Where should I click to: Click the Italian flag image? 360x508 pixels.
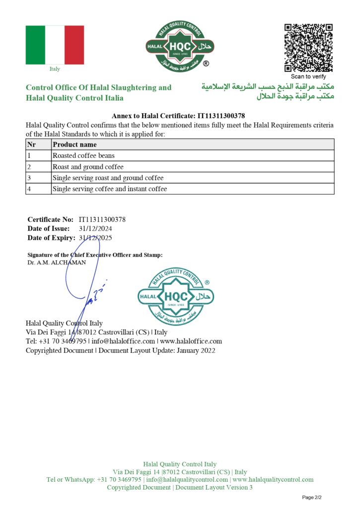(55, 45)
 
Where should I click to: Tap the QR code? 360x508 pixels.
(308, 48)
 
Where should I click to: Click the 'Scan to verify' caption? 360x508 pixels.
(308, 76)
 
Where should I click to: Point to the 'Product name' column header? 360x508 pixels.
(75, 145)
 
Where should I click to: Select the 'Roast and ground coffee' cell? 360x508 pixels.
(88, 167)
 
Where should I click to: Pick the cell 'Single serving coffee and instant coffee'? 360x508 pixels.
(110, 189)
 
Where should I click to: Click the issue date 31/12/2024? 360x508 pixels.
(95, 229)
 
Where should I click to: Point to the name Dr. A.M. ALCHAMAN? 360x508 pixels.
(57, 262)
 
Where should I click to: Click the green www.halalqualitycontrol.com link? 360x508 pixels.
(273, 480)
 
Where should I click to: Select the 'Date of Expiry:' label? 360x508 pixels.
(51, 238)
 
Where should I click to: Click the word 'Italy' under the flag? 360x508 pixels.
(55, 69)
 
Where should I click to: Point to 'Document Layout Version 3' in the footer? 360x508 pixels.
(214, 488)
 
